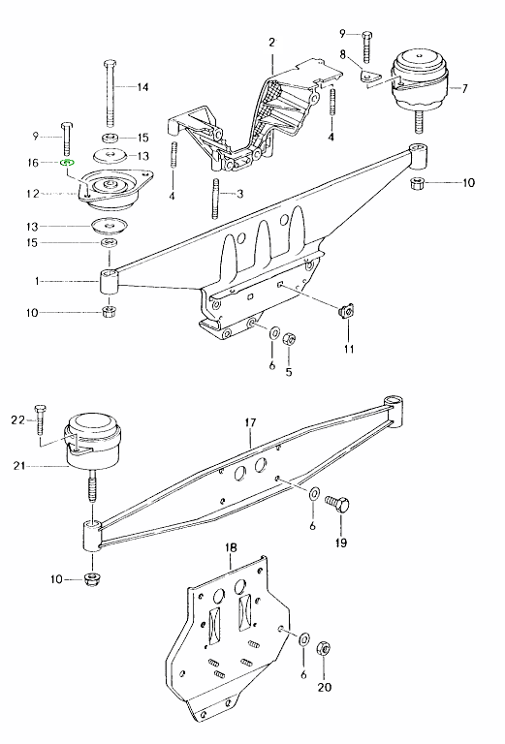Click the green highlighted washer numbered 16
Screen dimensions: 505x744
pos(67,163)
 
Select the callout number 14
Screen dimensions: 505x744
pos(142,87)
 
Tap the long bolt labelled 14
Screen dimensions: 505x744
pos(110,93)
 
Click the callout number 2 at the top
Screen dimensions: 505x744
pos(271,43)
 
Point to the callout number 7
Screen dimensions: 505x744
pos(464,88)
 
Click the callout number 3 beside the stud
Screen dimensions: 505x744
pos(239,194)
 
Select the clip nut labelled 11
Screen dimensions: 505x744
pos(346,311)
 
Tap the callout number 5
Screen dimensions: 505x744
pos(289,372)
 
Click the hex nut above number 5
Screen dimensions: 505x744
pos(289,339)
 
